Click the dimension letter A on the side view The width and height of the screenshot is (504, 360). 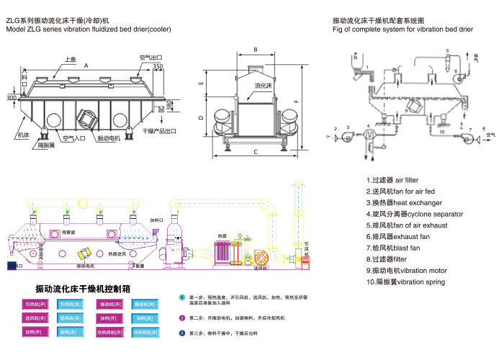[86, 66]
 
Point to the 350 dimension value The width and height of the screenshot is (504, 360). [158, 67]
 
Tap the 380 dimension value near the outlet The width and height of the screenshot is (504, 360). [170, 106]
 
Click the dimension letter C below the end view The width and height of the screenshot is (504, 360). [255, 152]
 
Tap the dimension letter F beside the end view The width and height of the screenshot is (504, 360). [296, 101]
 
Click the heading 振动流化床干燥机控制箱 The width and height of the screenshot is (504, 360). [83, 289]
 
